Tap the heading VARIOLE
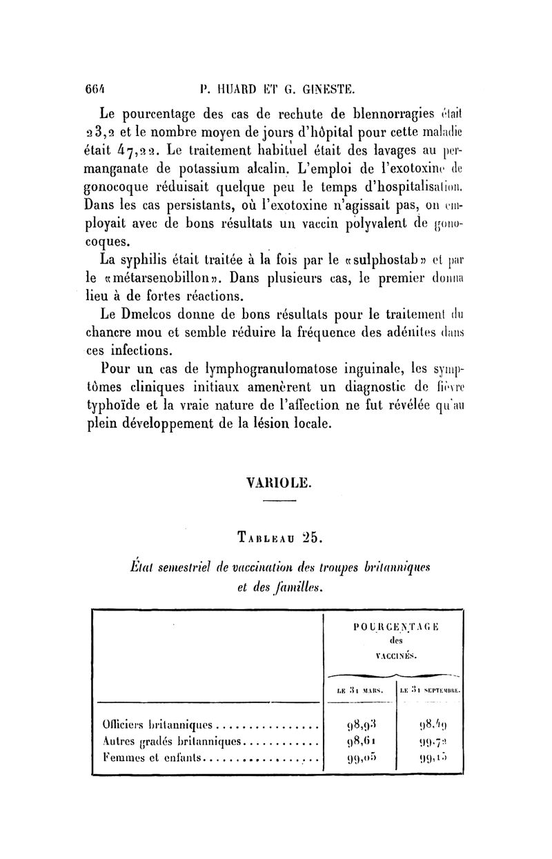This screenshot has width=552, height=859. coord(275,483)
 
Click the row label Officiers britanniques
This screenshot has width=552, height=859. coord(155,725)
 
